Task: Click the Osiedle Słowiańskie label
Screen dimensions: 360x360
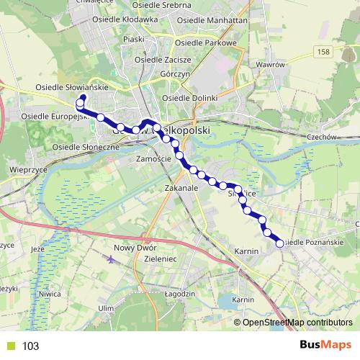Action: tap(72, 87)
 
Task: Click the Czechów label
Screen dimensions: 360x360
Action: tap(321, 138)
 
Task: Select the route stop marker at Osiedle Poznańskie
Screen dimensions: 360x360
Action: tap(279, 243)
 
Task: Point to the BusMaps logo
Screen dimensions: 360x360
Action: tap(325, 346)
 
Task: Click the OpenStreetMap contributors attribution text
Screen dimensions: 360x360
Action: tap(297, 323)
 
